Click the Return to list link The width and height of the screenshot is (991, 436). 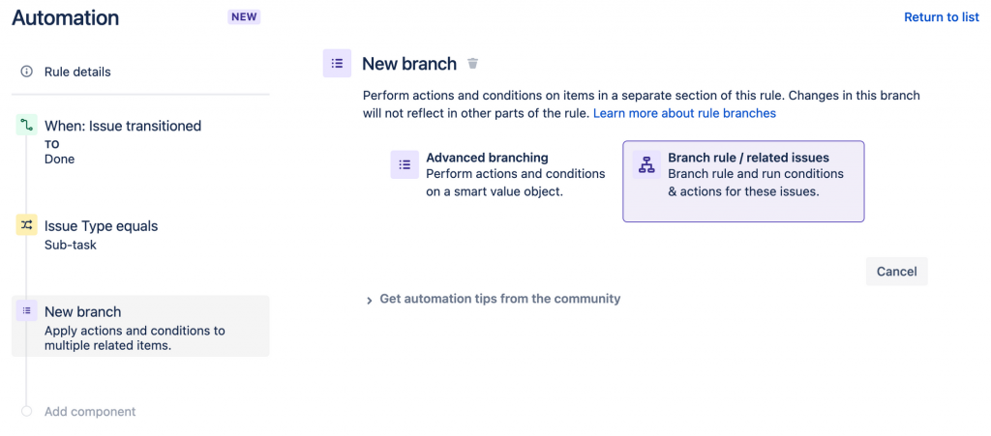[x=941, y=17]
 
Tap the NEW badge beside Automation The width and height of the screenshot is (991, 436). [x=244, y=17]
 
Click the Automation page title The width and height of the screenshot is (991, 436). [x=65, y=17]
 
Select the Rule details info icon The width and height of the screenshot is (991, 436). [x=26, y=72]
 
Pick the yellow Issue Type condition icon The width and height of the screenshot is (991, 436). [x=26, y=224]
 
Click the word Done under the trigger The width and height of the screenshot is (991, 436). [x=59, y=159]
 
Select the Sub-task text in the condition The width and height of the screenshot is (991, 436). [x=70, y=245]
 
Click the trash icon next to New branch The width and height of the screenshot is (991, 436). [x=472, y=63]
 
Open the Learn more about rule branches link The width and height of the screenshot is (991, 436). [x=684, y=113]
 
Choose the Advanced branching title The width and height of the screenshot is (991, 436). [x=488, y=158]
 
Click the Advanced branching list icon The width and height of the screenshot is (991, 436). [x=405, y=164]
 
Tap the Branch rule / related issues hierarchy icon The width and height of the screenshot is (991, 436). [x=646, y=164]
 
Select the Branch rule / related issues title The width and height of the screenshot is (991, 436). [x=748, y=158]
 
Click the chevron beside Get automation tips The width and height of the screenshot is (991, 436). [x=370, y=301]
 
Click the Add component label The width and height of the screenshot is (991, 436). [x=90, y=412]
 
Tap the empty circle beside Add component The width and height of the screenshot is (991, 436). [x=26, y=412]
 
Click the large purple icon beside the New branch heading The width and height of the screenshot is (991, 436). [x=337, y=63]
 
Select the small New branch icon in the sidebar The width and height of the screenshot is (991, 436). [x=26, y=311]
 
